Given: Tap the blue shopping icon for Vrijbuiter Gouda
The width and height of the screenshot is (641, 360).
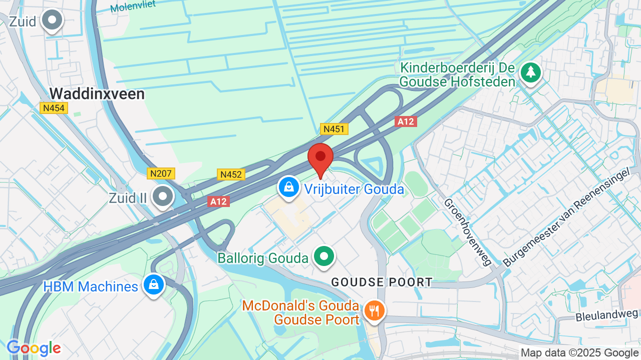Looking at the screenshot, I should point(288,187).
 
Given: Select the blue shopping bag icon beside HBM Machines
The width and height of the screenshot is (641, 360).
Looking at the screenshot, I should point(154,285).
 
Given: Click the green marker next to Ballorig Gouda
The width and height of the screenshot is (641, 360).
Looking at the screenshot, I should point(324,257).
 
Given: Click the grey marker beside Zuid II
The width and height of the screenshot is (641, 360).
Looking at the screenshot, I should point(163,196).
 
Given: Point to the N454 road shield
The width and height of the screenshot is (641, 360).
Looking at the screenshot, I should point(54,108).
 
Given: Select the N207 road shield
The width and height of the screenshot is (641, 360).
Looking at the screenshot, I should point(161,174).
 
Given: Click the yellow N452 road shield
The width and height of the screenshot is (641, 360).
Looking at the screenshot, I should point(231,174).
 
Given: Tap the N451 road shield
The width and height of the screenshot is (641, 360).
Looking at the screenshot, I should point(334,129).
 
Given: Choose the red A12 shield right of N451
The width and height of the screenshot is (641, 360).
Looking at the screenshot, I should point(406,121).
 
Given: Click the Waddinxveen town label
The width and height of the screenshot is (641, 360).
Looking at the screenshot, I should point(97,93).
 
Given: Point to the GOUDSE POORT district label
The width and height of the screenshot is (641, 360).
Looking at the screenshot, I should point(382,282).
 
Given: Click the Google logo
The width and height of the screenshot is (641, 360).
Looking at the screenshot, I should point(34,348).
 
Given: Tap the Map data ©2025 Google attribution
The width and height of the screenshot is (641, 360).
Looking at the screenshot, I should point(580,353).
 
